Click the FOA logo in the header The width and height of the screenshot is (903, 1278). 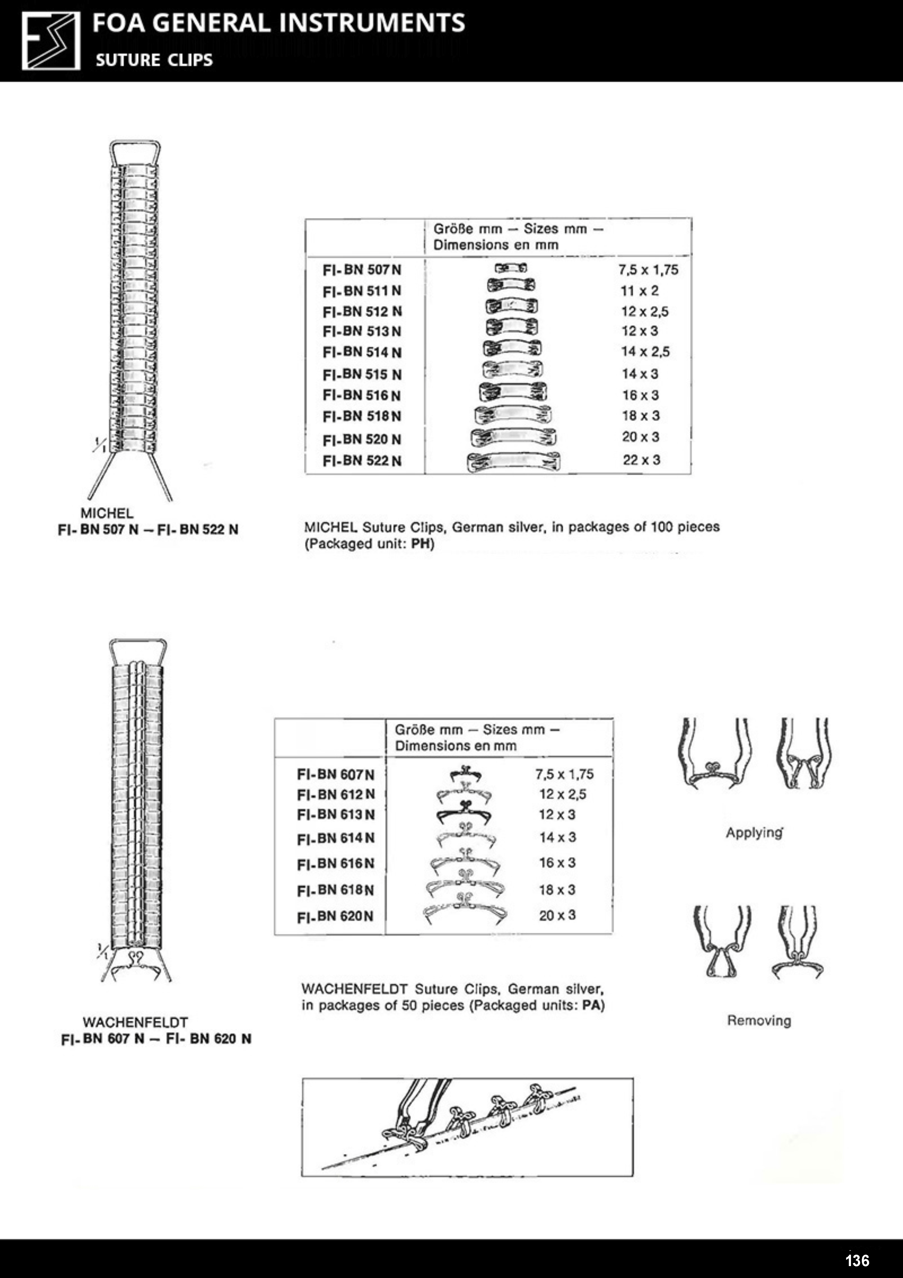point(51,41)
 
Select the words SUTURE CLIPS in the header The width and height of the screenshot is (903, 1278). point(154,60)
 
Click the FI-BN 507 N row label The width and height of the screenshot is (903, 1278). point(362,270)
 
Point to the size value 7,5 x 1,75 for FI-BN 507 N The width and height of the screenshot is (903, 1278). point(648,270)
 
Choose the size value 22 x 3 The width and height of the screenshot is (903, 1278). point(641,460)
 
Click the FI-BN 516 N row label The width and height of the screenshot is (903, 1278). point(362,395)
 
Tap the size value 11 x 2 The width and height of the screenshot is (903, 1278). point(639,291)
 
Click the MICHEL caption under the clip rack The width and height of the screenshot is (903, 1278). point(107,513)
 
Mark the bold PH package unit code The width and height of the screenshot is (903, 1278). point(422,544)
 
